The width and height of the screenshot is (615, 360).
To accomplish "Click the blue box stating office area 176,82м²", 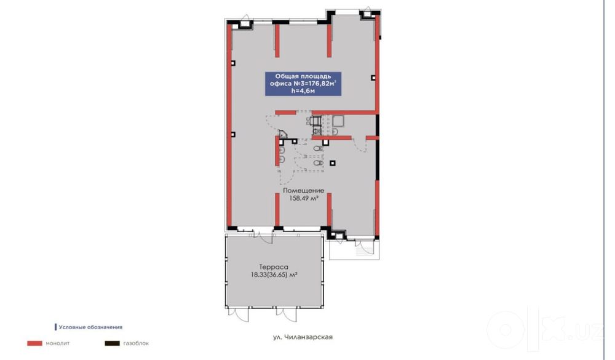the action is [x=303, y=84].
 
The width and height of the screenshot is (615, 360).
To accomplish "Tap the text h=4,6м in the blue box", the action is [x=303, y=91].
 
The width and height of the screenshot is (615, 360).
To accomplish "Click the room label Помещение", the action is [x=304, y=191].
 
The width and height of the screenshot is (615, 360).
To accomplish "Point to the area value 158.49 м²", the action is [x=304, y=199].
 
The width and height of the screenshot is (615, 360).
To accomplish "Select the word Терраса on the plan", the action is [x=274, y=267].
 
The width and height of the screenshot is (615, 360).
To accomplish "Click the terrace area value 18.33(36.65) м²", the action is [x=274, y=275].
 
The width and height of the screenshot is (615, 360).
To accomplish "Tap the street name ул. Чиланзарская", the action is [x=303, y=337].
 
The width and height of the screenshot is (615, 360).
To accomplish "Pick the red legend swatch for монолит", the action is [x=34, y=343].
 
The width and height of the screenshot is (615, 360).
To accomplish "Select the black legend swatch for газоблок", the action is [x=112, y=343].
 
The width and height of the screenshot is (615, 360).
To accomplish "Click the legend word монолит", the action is [x=58, y=343].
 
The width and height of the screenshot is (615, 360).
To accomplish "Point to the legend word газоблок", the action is [x=136, y=343].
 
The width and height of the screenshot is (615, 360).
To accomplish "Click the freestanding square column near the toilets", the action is [x=333, y=163].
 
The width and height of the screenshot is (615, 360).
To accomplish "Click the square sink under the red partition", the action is [x=338, y=121].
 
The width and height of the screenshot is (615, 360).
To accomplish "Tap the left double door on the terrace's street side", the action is [x=239, y=313].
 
